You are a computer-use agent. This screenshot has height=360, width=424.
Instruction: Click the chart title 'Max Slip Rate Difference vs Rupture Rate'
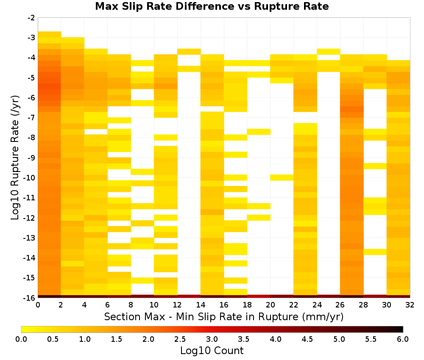pos(212,6)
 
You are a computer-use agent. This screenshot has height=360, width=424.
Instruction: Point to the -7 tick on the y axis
pos(31,118)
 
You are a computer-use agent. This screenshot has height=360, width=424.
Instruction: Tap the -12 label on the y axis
pos(30,218)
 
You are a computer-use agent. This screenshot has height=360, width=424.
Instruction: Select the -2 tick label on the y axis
pos(31,18)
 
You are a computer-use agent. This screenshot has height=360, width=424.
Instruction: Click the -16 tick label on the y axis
pos(30,298)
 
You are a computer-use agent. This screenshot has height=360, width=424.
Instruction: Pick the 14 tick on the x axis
pos(201,305)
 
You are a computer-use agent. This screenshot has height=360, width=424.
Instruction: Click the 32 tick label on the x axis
pos(410,305)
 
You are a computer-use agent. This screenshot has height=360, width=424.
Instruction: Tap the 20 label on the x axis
pos(270,305)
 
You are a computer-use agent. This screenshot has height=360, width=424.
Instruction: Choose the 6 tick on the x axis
pos(107,305)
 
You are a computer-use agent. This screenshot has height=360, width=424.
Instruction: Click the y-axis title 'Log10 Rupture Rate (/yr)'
pos(15,158)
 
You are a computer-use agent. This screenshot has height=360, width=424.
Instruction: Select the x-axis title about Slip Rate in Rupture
pos(224,316)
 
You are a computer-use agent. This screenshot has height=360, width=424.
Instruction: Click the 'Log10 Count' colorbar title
pos(212,351)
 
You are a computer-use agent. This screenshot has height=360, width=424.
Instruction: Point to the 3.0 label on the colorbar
pos(212,339)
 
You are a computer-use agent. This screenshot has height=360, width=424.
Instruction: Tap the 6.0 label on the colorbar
pos(403,339)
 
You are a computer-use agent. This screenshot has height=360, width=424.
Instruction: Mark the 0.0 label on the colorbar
pos(21,339)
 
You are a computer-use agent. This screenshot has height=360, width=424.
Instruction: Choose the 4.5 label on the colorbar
pos(307,339)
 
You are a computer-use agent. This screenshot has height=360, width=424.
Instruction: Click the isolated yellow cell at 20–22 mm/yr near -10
pos(282,177)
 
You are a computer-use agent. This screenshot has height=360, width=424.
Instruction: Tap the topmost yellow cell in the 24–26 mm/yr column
pos(328,52)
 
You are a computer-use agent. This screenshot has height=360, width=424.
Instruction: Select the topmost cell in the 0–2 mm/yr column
pos(50,34)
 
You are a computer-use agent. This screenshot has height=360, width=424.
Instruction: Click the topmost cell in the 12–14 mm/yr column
pos(189,52)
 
